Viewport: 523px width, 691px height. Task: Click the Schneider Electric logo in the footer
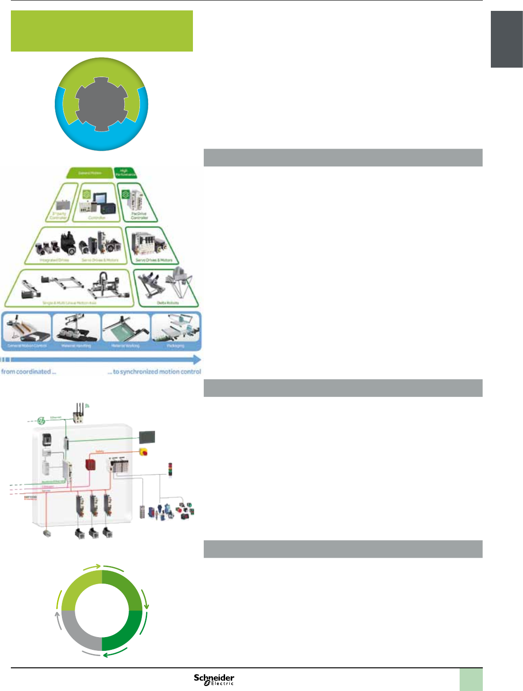click(214, 679)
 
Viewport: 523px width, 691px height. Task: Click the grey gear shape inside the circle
click(102, 104)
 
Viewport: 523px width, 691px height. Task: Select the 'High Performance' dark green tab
click(125, 173)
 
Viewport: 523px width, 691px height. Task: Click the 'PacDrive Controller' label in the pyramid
click(139, 216)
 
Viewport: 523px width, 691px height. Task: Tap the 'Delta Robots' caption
click(168, 303)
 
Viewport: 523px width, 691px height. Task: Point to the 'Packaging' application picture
click(176, 330)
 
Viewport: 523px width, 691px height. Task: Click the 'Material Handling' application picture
click(77, 330)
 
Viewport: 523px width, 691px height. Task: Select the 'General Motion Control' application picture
click(27, 330)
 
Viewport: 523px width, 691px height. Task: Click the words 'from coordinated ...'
click(28, 372)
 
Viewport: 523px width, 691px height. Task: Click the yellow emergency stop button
click(143, 452)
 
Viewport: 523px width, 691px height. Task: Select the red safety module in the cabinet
click(90, 464)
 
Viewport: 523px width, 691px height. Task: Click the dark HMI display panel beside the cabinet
click(147, 437)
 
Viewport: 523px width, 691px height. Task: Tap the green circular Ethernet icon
click(42, 420)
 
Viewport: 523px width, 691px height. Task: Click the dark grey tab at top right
click(506, 39)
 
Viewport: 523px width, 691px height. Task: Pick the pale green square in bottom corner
click(471, 680)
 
